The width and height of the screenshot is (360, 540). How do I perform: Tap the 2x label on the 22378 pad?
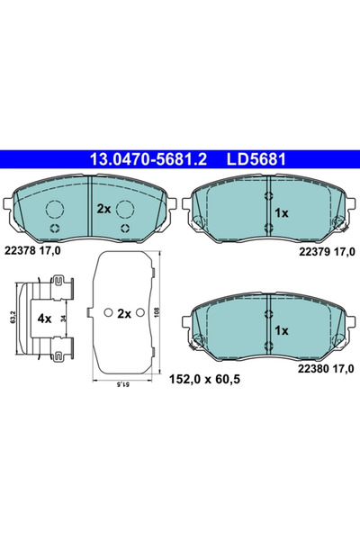tap(103, 209)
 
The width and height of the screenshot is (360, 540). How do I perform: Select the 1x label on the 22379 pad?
tap(282, 212)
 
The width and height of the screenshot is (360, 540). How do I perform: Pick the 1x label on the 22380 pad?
tap(282, 331)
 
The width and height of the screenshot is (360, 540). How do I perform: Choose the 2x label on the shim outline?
tap(125, 314)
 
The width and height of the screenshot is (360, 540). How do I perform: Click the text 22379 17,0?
tap(321, 255)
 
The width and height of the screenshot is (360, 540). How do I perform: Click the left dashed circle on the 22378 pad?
tap(56, 210)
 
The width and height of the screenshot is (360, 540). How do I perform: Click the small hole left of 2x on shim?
tap(108, 314)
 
